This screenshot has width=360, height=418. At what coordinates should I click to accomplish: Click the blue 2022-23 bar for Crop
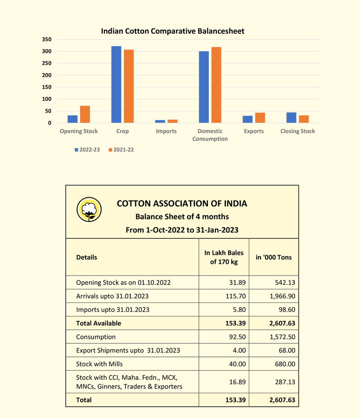(x=116, y=84)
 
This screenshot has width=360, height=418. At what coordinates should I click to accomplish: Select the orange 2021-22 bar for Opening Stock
(x=85, y=114)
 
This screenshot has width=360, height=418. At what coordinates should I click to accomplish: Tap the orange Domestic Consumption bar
(x=216, y=85)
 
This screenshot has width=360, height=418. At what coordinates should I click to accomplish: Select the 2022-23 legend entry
(x=87, y=150)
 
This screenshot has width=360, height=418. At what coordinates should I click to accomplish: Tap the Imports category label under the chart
(x=166, y=131)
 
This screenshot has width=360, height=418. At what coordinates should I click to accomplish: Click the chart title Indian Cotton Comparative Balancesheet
(x=172, y=31)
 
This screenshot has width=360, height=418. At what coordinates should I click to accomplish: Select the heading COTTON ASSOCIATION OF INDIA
(x=182, y=204)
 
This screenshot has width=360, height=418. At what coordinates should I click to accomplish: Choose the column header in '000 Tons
(x=274, y=258)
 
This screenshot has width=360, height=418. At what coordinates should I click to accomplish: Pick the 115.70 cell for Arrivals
(x=232, y=296)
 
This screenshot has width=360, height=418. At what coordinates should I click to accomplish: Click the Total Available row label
(x=99, y=323)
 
